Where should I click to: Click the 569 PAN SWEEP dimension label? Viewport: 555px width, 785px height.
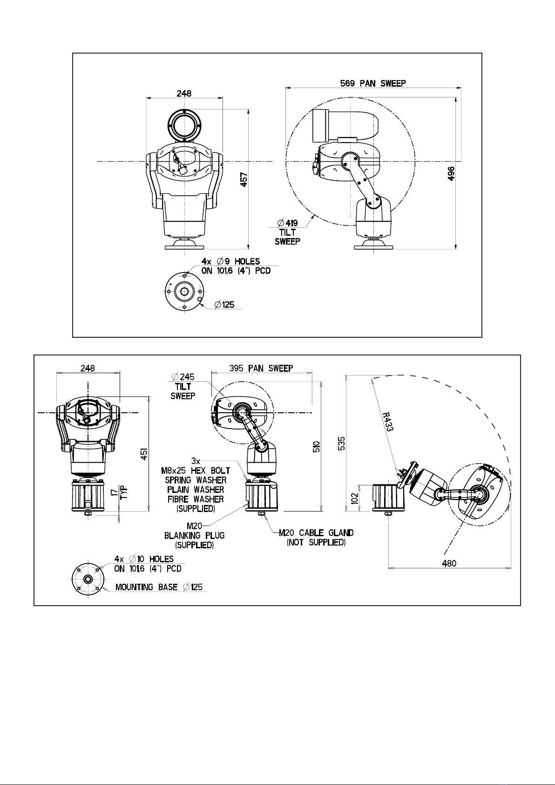[373, 83]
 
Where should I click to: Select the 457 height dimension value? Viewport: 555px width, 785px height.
[244, 179]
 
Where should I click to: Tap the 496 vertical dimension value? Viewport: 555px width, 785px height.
[451, 173]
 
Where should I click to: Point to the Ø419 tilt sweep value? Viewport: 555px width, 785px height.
[287, 223]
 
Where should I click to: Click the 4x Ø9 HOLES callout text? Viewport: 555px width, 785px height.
[230, 261]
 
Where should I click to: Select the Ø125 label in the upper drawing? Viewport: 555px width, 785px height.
[224, 305]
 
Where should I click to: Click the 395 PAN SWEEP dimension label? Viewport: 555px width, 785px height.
[261, 369]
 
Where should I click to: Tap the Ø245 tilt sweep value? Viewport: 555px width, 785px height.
[183, 377]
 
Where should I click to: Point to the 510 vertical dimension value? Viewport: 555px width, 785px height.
[316, 446]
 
